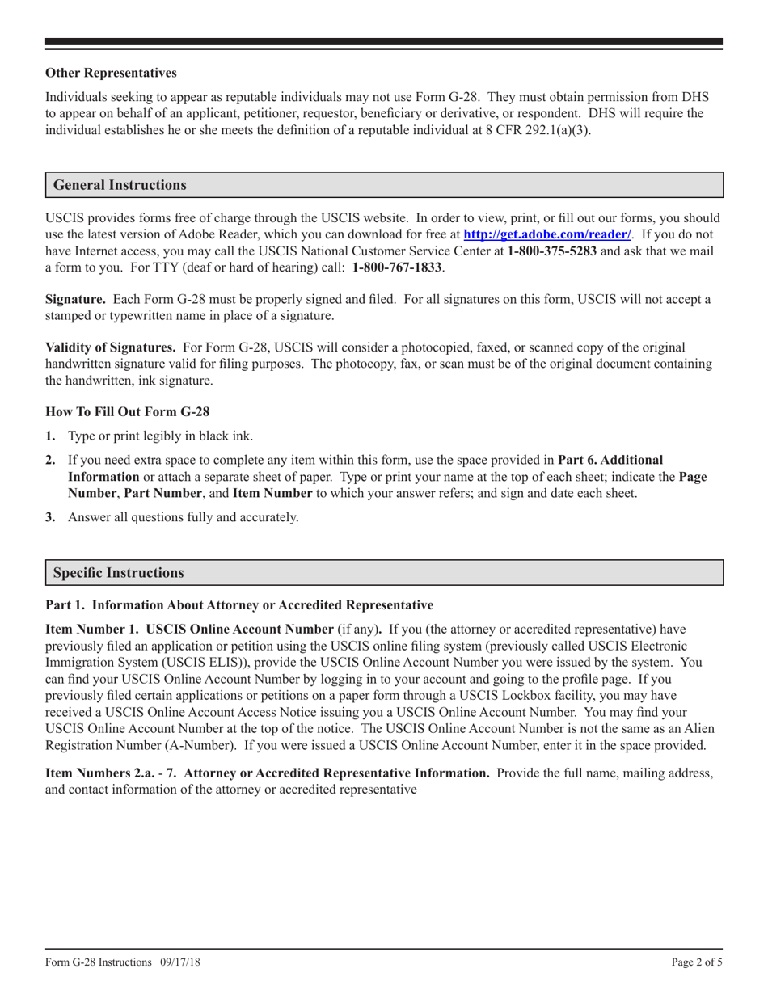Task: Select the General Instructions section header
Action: coord(120,185)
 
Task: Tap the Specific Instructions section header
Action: coord(118,573)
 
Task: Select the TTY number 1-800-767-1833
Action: coord(398,267)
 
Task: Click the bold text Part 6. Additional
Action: coord(610,460)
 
